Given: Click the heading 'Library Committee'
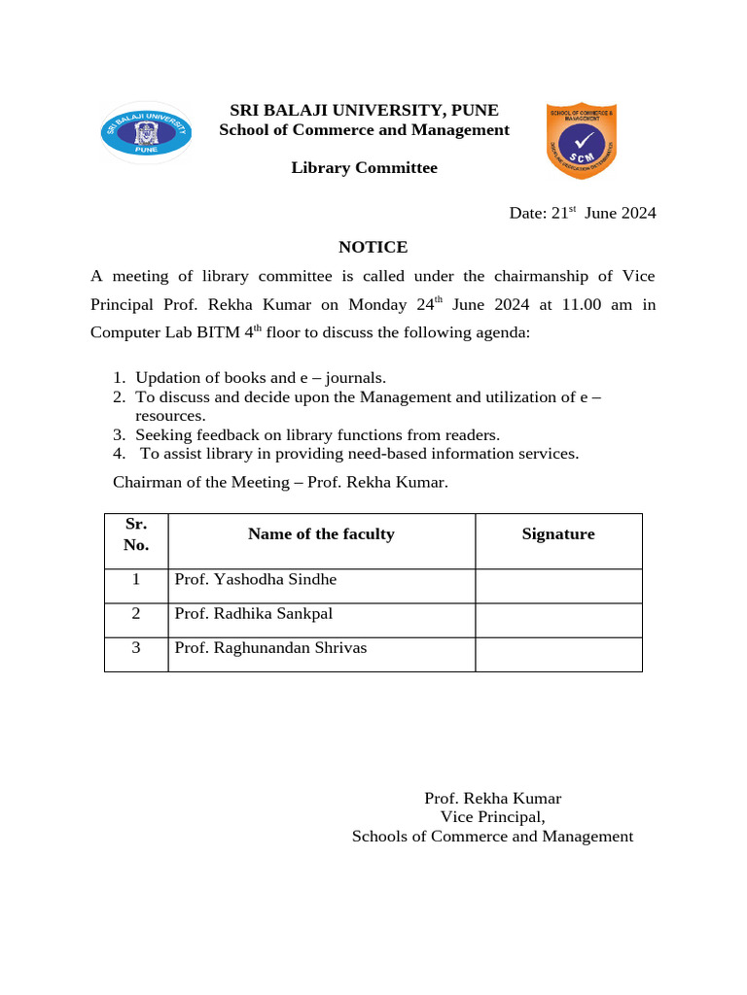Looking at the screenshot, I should pyautogui.click(x=364, y=168).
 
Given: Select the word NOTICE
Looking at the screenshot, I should pyautogui.click(x=373, y=247).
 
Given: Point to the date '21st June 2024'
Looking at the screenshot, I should pyautogui.click(x=583, y=213).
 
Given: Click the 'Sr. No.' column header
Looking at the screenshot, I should pyautogui.click(x=136, y=534).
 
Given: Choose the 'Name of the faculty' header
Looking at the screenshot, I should pyautogui.click(x=321, y=533).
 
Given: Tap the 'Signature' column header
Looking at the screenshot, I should pyautogui.click(x=558, y=533).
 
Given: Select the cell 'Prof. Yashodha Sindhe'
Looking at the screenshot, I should pyautogui.click(x=255, y=579).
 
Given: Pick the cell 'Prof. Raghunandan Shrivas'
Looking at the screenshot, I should pyautogui.click(x=270, y=647).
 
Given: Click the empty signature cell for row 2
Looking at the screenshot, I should pyautogui.click(x=558, y=620).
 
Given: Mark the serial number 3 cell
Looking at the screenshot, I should pyautogui.click(x=136, y=647).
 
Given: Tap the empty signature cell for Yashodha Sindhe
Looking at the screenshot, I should pyautogui.click(x=558, y=586).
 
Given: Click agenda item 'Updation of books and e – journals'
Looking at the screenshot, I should pyautogui.click(x=261, y=378).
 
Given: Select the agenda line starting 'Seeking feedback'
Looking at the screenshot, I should pyautogui.click(x=317, y=434).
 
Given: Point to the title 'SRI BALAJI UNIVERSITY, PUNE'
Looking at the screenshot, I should pyautogui.click(x=364, y=110).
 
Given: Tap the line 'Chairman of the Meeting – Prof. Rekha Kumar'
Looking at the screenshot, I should pyautogui.click(x=281, y=481).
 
